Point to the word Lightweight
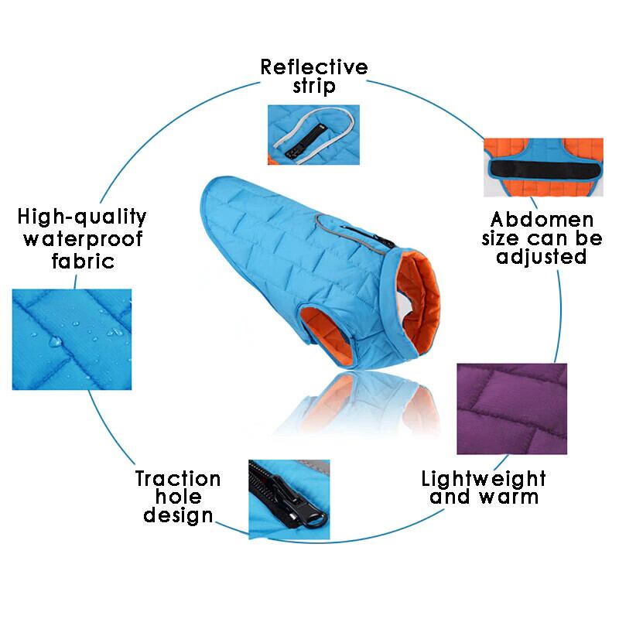[x=484, y=477]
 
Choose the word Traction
[x=178, y=478]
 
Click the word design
[x=178, y=515]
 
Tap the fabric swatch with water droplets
[x=72, y=337]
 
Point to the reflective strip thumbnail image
[x=313, y=136]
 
